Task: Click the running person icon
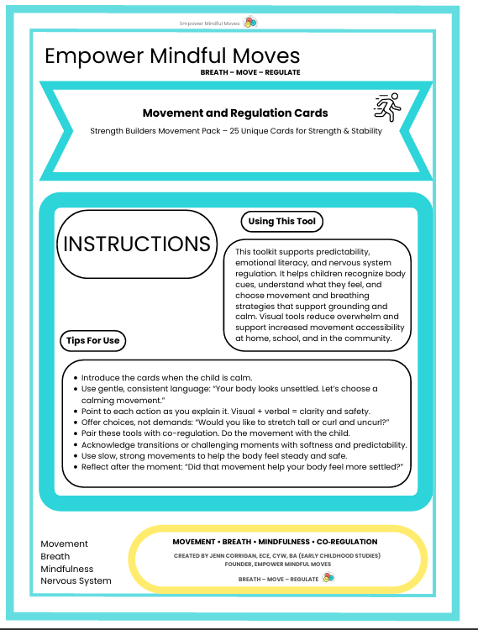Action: pyautogui.click(x=386, y=108)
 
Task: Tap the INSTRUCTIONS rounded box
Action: pyautogui.click(x=137, y=244)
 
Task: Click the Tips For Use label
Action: pyautogui.click(x=94, y=340)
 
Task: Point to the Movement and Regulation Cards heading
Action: pyautogui.click(x=235, y=113)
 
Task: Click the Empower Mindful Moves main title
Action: pyautogui.click(x=172, y=56)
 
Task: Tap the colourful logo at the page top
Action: pyautogui.click(x=250, y=22)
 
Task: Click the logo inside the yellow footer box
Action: pyautogui.click(x=329, y=578)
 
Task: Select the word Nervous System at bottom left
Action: pyautogui.click(x=76, y=580)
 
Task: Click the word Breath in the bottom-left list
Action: pyautogui.click(x=55, y=556)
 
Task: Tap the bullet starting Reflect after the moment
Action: pyautogui.click(x=243, y=466)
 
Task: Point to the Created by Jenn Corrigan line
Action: pyautogui.click(x=276, y=556)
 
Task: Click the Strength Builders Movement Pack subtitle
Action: pyautogui.click(x=235, y=130)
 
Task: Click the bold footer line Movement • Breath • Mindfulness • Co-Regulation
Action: pyautogui.click(x=275, y=542)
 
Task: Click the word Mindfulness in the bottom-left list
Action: pyautogui.click(x=67, y=568)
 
